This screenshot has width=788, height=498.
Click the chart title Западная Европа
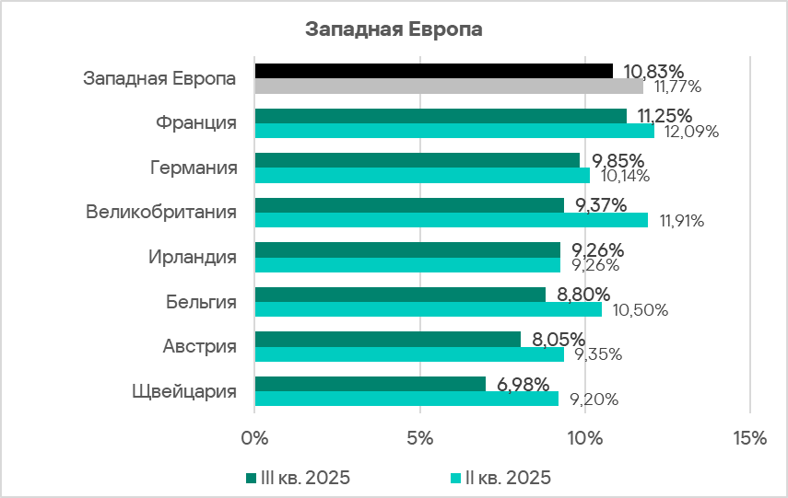point(394,29)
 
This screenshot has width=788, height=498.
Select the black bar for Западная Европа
point(433,71)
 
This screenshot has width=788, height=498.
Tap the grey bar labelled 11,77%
point(448,87)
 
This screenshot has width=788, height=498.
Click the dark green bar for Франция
point(441,116)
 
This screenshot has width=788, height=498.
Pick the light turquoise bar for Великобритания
point(451,220)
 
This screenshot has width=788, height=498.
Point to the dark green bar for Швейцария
point(370,383)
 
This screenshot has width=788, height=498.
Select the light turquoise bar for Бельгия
point(428,309)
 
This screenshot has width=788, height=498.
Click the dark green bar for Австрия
point(387,339)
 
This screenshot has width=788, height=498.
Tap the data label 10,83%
point(653,71)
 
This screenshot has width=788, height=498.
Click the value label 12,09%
point(687,132)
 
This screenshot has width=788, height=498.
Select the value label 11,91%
point(681,221)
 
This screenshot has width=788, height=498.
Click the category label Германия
point(194,168)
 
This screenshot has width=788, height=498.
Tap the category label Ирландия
point(193,257)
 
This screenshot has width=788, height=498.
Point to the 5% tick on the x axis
point(419,439)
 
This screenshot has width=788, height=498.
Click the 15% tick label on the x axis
point(749,439)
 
